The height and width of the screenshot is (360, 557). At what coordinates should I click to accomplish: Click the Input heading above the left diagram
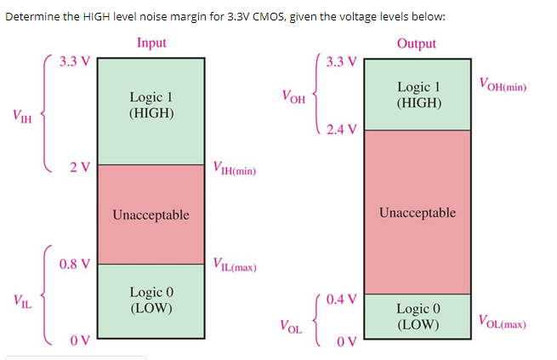151,43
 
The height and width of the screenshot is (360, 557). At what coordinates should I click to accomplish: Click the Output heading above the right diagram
416,43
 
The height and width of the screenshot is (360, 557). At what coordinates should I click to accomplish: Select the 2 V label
81,166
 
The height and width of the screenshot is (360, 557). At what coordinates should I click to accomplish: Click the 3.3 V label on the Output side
341,61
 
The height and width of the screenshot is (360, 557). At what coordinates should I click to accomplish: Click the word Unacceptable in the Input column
151,214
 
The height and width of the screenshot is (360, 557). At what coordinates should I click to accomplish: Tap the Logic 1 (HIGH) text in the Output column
418,94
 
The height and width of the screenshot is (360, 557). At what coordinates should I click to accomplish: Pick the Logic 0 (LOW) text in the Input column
151,300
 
